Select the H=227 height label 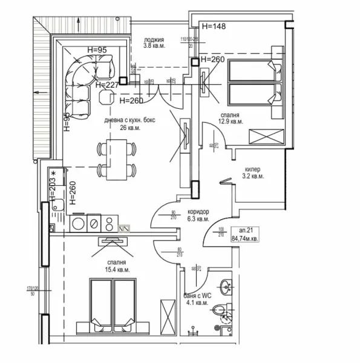pos(106,85)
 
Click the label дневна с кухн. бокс pos(129,120)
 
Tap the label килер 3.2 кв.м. pos(254,173)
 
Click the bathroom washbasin pos(227,287)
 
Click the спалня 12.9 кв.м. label pos(230,117)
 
